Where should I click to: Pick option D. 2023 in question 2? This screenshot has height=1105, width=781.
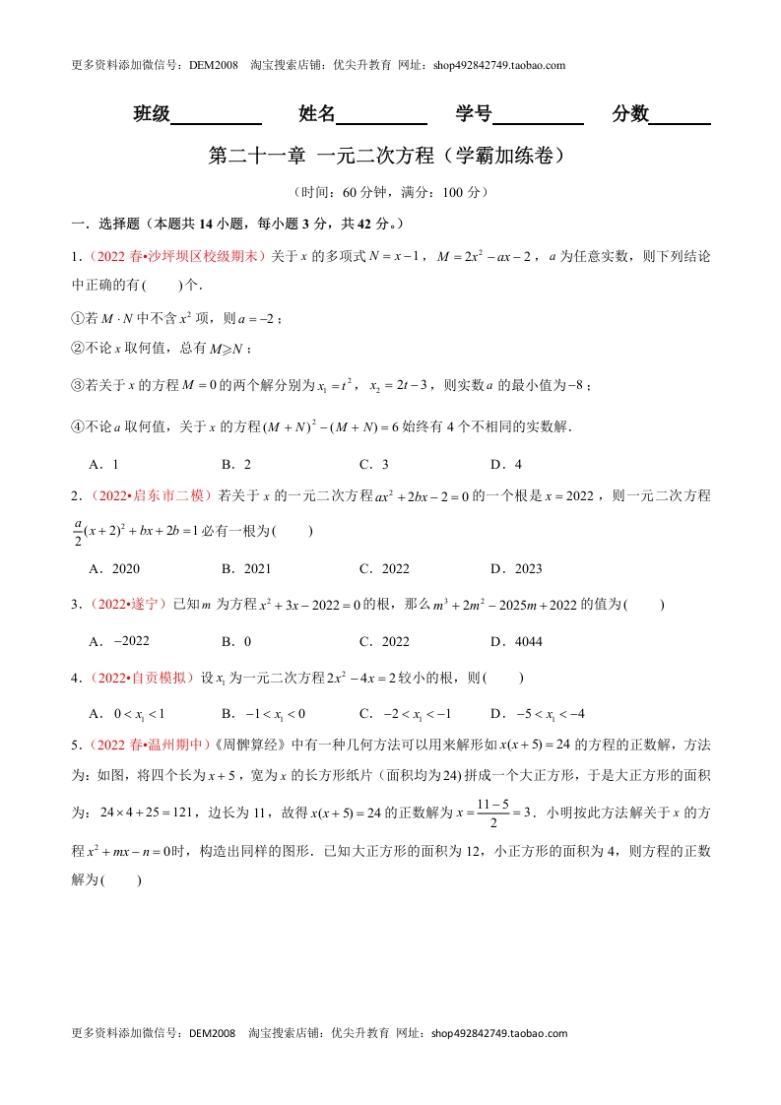tap(516, 568)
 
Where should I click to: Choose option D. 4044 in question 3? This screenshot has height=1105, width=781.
tap(516, 641)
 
